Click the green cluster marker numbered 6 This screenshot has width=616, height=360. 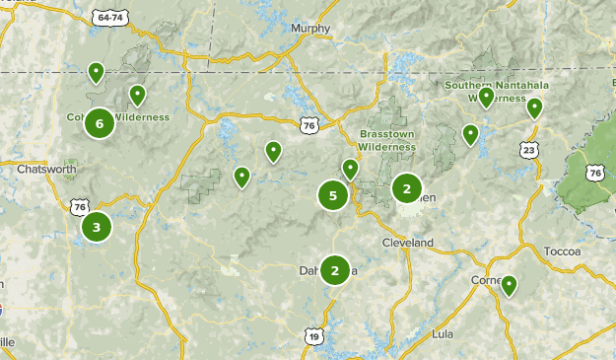coord(99,123)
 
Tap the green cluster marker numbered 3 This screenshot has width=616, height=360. coord(96,228)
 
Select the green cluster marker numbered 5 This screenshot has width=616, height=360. coord(333,195)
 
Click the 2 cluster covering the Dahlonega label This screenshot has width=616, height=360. coord(335,270)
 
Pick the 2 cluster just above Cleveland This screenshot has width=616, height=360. coord(407,187)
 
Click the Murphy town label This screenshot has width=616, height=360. coord(310,29)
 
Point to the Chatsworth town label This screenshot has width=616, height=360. coord(46,169)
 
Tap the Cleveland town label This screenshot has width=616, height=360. coord(407,243)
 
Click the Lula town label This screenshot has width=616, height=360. coord(443,334)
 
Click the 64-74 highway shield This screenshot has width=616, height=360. coord(111,18)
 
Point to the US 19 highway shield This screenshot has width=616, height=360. coord(313,336)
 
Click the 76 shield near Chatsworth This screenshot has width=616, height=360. coord(80,206)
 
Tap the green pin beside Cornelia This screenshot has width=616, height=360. coord(509,286)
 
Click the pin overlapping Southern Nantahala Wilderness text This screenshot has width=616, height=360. coord(486,97)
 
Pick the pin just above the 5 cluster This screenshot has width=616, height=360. coord(350,169)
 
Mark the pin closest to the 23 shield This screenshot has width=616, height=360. coord(534,108)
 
